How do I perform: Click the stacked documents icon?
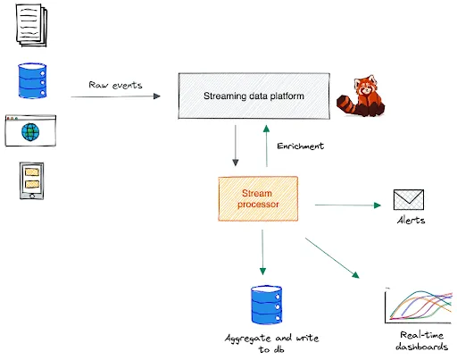(29, 25)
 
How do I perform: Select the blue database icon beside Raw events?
(29, 81)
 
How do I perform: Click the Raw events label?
(114, 84)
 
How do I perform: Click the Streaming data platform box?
(253, 96)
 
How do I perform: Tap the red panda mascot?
(361, 98)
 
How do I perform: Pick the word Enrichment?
(301, 145)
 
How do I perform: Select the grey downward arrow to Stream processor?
(235, 146)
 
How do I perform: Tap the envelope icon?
(408, 200)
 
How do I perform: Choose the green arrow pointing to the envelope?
(347, 205)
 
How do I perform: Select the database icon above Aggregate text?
(265, 306)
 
